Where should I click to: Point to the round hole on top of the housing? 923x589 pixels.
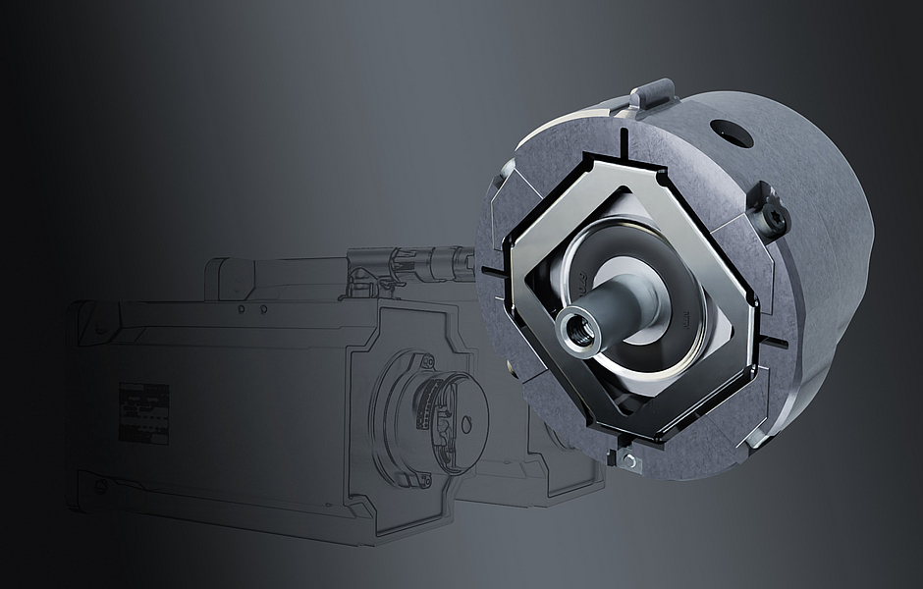tap(732, 133)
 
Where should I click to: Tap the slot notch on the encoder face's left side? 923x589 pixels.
tap(491, 267)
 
